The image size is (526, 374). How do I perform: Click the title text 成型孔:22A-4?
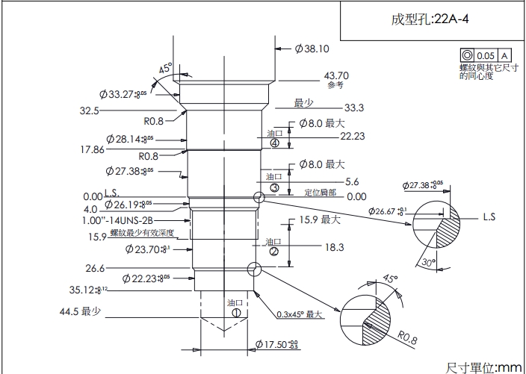coord(429,19)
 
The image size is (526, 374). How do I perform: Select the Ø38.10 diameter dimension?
coord(312,49)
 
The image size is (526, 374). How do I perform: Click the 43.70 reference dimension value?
coord(335,75)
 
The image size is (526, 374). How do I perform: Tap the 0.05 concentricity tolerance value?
coord(486,56)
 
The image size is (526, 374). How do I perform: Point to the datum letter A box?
coord(504,56)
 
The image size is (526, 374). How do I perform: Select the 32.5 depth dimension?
coord(89,110)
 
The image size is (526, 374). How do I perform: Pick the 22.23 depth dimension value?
coord(353,136)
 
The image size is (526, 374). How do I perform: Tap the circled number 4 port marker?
coord(274,143)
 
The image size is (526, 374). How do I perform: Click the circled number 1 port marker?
coord(236,314)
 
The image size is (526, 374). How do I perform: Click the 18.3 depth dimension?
coord(334,246)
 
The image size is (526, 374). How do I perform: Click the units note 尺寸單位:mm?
coord(483,367)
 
